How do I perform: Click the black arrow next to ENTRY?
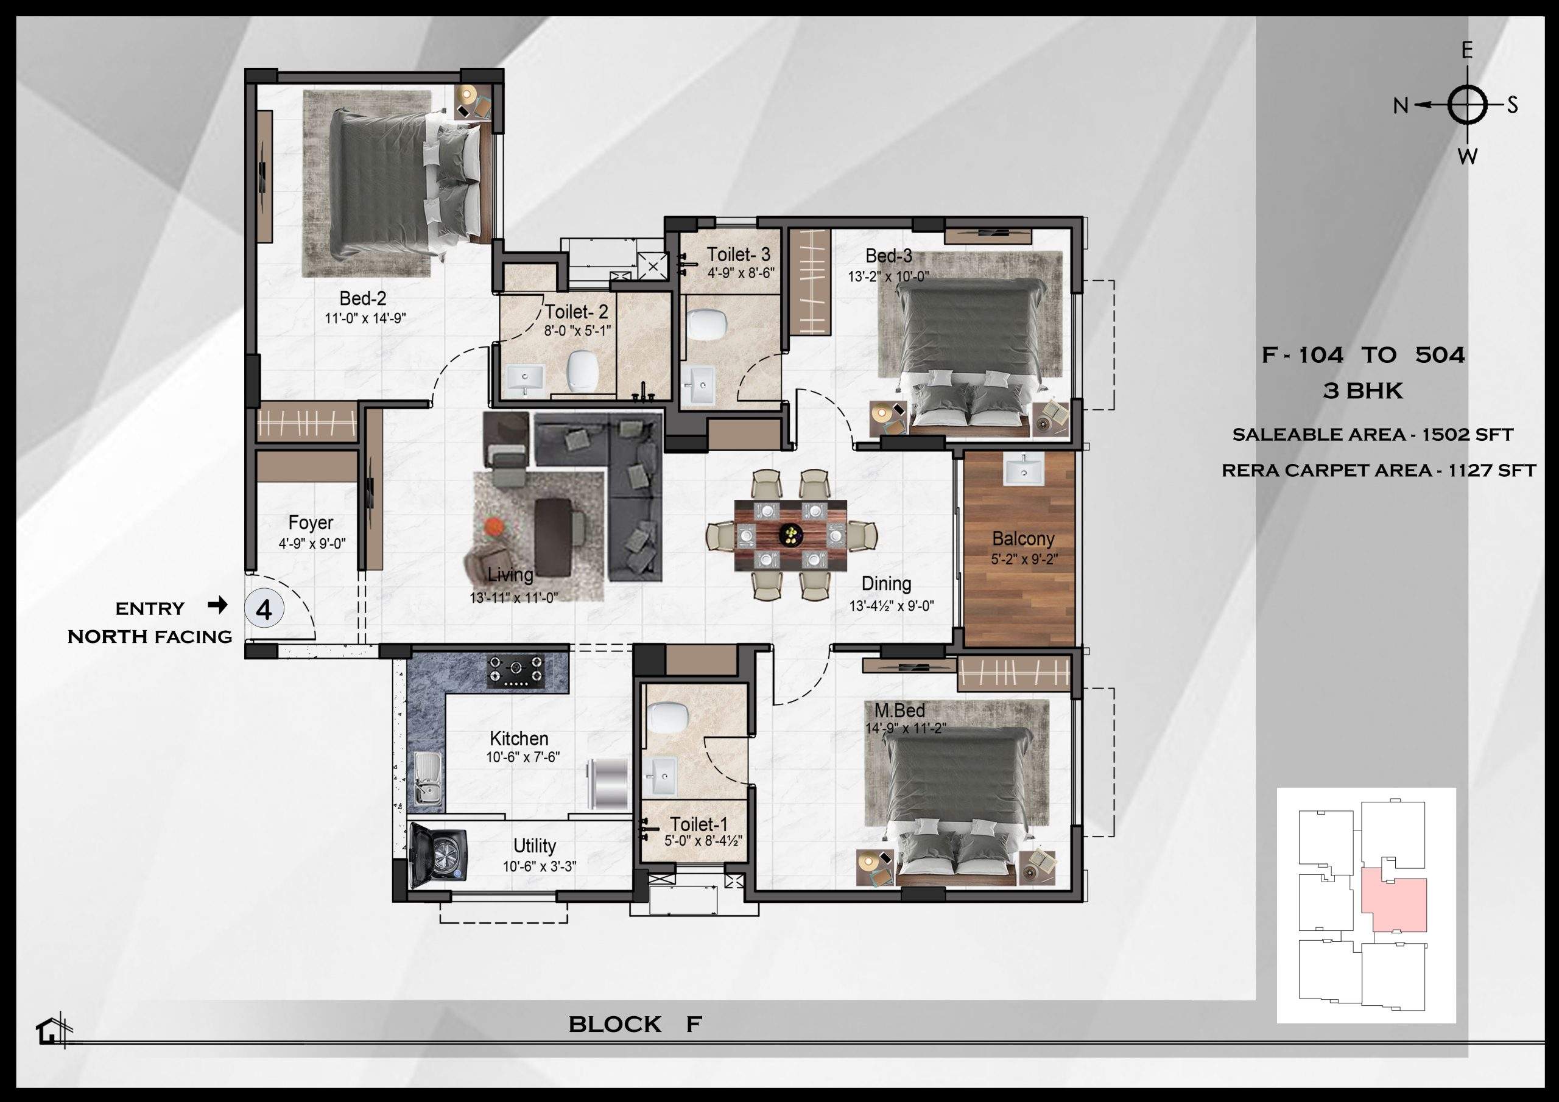click(x=217, y=605)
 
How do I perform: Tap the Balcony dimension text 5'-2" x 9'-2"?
click(x=1024, y=560)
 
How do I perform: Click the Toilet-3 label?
click(x=739, y=254)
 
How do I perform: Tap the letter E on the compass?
click(x=1466, y=51)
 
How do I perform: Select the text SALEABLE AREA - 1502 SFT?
click(x=1372, y=435)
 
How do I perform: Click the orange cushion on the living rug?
click(x=494, y=526)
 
